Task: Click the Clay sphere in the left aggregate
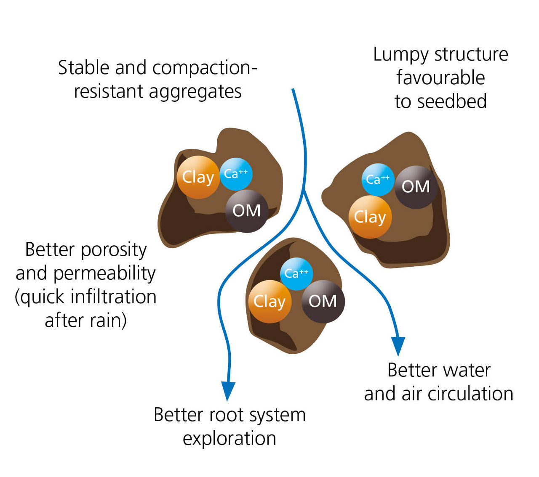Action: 198,177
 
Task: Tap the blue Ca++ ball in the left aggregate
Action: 236,174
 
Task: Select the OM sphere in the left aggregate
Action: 246,210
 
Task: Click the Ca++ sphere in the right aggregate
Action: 378,180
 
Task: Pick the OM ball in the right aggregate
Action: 416,187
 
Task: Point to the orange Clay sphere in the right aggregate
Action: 370,217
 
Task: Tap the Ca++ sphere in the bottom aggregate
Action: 296,274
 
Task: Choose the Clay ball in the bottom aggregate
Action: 269,302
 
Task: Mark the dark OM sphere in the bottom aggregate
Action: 323,301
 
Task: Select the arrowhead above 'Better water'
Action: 398,346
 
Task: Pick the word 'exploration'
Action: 229,439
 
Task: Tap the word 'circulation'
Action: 470,394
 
